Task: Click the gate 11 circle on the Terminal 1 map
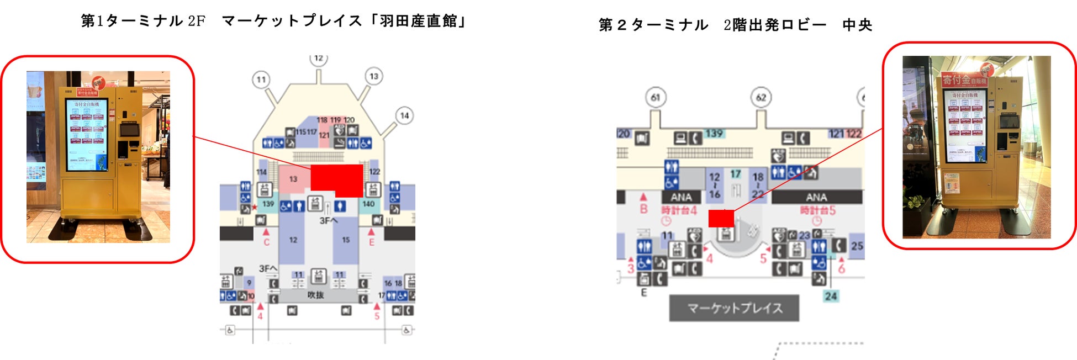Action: tap(261, 80)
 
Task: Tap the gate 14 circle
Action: tap(404, 115)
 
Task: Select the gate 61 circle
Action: tap(656, 98)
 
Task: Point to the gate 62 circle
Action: tap(761, 98)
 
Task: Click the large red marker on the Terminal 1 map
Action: tap(337, 179)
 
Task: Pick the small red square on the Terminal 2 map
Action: tap(721, 218)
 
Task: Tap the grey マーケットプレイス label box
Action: tap(734, 308)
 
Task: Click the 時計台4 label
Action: tap(679, 210)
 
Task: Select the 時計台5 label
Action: tap(818, 210)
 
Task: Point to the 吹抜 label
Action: tap(315, 295)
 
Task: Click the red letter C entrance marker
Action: tap(266, 242)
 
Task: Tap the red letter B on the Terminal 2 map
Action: tap(643, 209)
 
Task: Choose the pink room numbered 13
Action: tap(293, 179)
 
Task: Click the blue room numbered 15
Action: tap(346, 240)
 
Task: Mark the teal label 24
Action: tap(831, 297)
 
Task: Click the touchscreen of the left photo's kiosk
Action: tap(87, 135)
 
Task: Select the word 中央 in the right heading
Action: tap(857, 25)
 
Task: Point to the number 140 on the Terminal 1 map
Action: tap(368, 204)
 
